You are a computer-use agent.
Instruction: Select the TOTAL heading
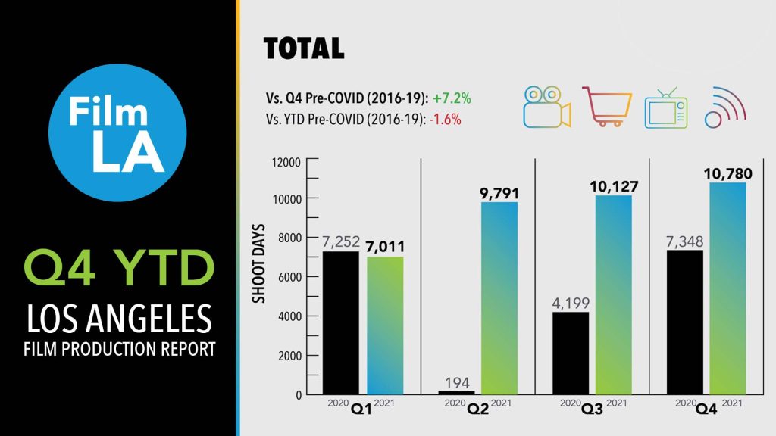coord(304,48)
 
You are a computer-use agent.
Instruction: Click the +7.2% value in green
coord(452,99)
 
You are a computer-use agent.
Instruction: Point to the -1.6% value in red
coord(445,119)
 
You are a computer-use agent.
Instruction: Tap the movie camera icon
coord(546,107)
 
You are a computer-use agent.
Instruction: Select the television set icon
coord(665,108)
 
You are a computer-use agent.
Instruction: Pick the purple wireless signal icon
coord(725,108)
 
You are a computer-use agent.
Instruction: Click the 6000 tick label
coord(288,278)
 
